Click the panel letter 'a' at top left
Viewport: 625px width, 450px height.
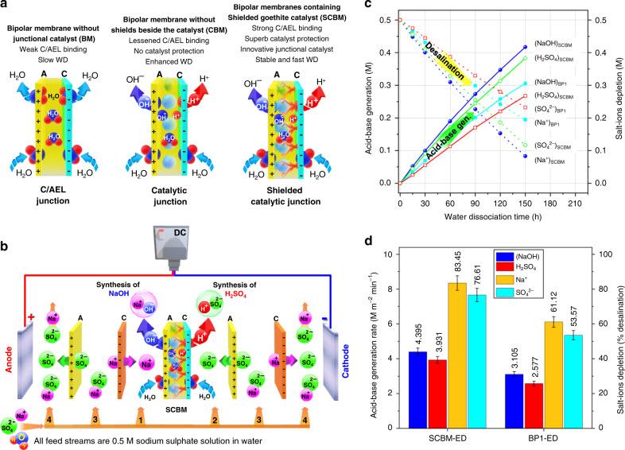(6, 6)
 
